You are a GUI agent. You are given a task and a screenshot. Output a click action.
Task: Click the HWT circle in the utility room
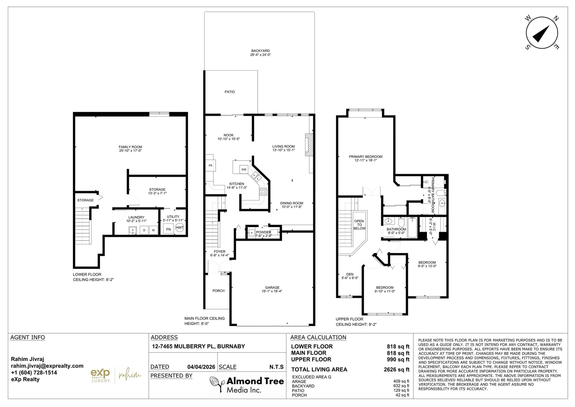180,227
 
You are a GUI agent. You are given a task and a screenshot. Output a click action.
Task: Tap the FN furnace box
169,229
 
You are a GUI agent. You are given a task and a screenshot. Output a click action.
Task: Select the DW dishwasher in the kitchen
244,169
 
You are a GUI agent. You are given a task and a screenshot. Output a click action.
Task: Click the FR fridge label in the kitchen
211,166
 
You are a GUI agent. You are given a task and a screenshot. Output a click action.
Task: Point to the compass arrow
541,34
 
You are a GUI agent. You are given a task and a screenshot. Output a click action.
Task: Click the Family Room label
130,147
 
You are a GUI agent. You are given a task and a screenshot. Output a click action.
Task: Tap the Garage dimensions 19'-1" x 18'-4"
272,291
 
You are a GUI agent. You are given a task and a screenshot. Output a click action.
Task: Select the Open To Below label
359,225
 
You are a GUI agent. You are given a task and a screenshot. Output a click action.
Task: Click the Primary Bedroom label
365,157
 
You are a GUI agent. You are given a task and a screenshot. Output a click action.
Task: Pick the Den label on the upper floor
350,274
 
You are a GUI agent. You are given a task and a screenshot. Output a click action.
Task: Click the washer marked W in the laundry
153,230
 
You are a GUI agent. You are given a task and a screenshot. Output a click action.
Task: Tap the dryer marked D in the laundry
144,230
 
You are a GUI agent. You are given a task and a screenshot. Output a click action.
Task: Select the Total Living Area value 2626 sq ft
397,370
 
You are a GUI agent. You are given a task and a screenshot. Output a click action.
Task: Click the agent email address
47,366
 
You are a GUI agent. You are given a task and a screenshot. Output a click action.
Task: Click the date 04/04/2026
201,367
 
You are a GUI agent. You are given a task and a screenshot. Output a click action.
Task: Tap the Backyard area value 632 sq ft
402,386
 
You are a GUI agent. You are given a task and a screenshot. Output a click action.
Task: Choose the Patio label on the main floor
230,92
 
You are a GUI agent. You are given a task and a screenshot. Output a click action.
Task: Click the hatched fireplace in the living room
309,145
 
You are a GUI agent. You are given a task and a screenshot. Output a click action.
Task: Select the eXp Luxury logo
100,375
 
